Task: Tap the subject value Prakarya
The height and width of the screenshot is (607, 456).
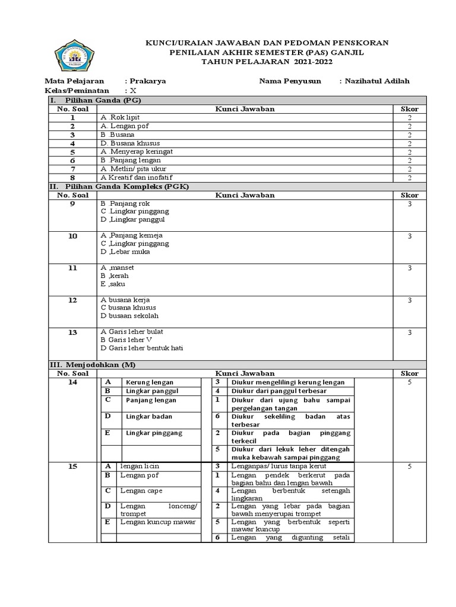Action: (148, 81)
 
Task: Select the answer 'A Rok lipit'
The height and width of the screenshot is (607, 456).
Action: (121, 118)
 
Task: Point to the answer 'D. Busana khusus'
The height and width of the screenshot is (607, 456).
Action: (130, 143)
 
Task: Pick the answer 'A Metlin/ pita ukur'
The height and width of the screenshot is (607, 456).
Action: (133, 169)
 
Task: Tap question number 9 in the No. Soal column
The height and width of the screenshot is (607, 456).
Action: (72, 203)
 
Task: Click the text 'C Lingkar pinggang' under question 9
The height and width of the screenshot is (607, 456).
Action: (135, 212)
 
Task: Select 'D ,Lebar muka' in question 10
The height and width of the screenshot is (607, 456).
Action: (125, 251)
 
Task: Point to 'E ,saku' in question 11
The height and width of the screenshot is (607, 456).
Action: (113, 284)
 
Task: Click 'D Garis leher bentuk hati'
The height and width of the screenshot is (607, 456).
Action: (142, 349)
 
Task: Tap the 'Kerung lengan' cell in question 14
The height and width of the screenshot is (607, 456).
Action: (145, 382)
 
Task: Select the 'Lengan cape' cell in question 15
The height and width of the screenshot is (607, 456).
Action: (141, 491)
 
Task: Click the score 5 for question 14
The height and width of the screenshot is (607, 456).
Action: (409, 382)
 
